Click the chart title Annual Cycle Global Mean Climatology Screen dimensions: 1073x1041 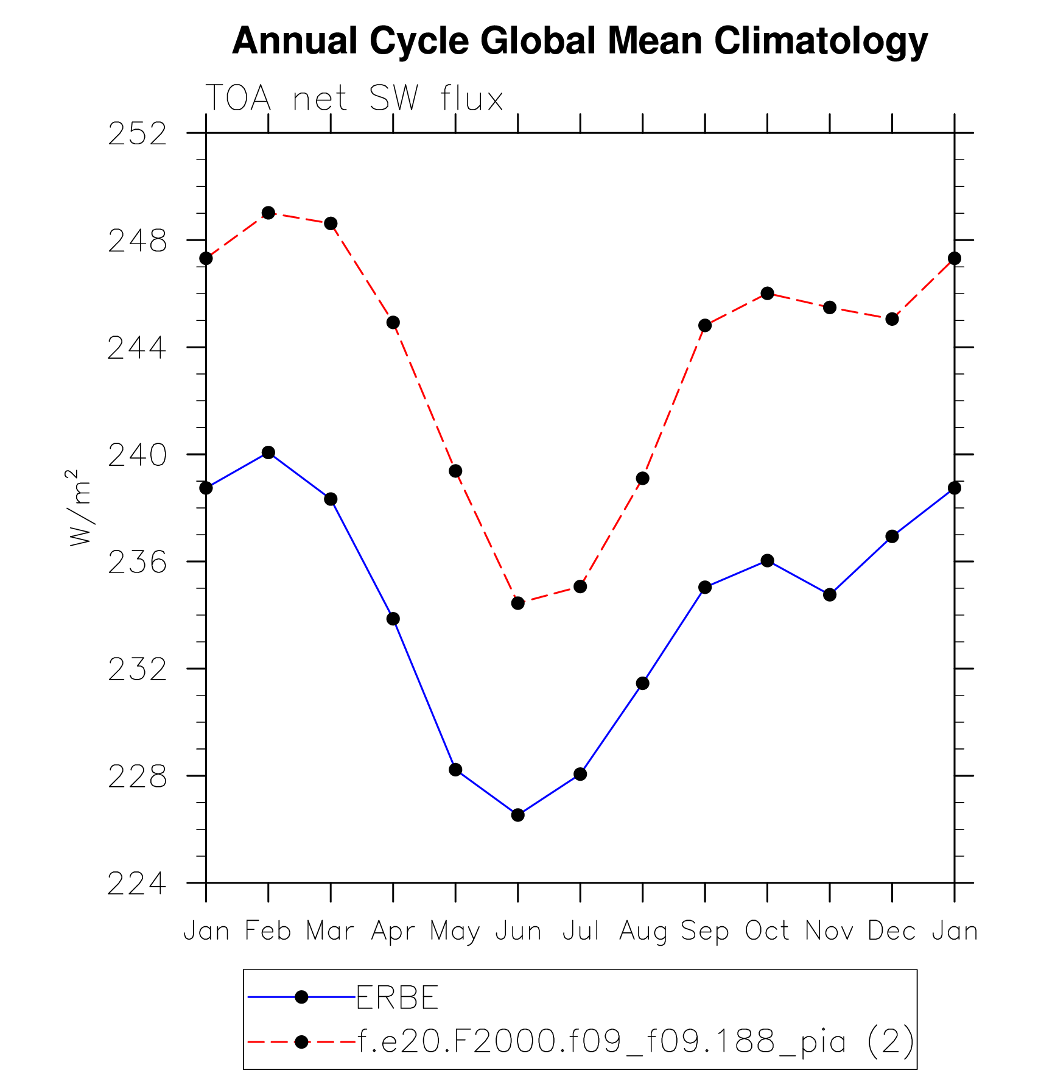580,41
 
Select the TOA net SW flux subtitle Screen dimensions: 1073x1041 354,98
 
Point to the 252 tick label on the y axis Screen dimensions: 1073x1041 137,134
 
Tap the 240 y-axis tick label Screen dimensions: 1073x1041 137,456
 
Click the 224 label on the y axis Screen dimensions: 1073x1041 137,884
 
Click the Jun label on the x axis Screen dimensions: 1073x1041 518,931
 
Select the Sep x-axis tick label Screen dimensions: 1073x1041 704,931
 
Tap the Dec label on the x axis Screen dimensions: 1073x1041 891,931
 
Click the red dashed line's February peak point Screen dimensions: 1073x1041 268,213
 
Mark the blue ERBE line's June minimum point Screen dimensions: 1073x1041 518,815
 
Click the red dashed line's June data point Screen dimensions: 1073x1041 518,603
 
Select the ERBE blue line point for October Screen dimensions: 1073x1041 767,560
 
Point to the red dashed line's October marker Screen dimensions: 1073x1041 767,294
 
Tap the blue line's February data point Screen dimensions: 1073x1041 268,452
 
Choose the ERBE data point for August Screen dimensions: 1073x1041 642,683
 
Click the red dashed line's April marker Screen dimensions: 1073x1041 393,322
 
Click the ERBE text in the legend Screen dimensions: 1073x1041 397,997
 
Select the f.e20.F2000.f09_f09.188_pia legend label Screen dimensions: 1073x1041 636,1041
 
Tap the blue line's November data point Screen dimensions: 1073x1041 830,594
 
